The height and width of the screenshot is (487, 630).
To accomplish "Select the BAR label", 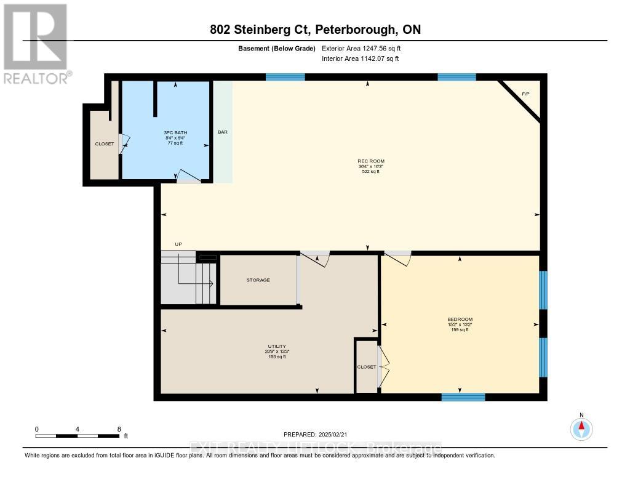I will point(223,132).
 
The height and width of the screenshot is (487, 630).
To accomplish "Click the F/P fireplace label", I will point(525,94).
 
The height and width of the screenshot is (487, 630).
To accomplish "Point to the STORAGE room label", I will point(258,280).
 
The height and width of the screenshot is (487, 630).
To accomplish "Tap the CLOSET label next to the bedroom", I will point(366,367).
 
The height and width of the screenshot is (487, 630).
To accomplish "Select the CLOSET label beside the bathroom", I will point(104,144).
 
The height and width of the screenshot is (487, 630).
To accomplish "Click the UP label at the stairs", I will point(178,244).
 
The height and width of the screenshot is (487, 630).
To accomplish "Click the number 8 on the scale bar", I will point(119,429).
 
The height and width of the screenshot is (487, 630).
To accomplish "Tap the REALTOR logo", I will point(36,43).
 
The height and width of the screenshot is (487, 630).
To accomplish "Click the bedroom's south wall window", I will point(463,397).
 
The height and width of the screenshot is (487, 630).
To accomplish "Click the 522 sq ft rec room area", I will point(369,172).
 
